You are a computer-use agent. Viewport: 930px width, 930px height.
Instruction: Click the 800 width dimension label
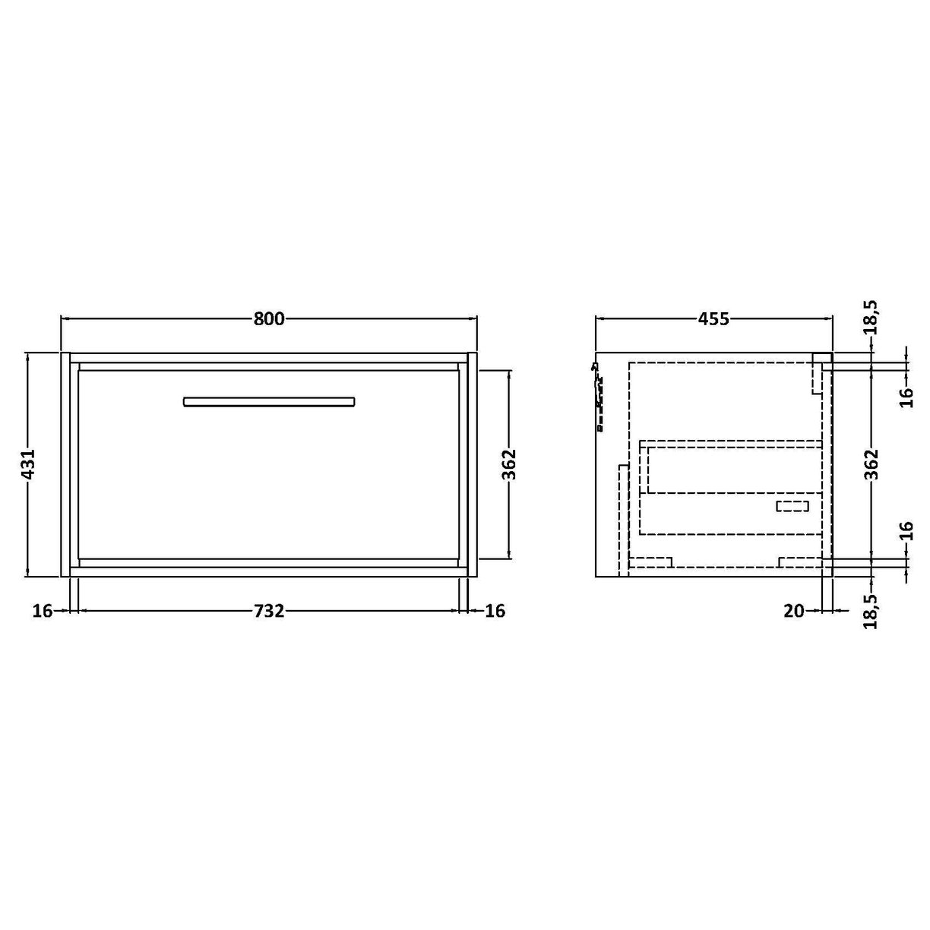(269, 319)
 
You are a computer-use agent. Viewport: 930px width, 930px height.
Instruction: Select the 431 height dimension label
(28, 464)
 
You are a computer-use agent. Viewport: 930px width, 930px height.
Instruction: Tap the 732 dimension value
(269, 610)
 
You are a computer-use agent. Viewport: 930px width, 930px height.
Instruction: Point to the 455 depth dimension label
(713, 319)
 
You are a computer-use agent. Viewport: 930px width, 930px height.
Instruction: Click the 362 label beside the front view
(509, 464)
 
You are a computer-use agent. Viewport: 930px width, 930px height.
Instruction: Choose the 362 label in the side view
(871, 464)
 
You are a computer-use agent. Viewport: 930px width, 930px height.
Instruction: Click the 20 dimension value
(794, 610)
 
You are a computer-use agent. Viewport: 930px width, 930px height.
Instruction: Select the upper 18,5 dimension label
(871, 317)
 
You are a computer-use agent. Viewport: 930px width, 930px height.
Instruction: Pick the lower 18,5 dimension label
(871, 612)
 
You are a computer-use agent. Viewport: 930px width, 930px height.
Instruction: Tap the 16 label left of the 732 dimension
(43, 610)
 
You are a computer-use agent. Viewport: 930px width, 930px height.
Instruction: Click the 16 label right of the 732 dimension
(495, 610)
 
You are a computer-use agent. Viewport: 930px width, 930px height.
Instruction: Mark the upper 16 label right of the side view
(906, 396)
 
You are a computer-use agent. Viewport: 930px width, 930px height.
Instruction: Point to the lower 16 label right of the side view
(906, 531)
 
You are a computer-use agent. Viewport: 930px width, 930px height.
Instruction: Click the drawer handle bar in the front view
(269, 402)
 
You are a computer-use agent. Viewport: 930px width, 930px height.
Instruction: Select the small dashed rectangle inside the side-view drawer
(792, 506)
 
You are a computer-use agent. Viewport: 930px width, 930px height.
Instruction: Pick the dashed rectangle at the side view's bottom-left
(651, 562)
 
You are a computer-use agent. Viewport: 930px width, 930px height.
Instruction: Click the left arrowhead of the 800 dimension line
(64, 319)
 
